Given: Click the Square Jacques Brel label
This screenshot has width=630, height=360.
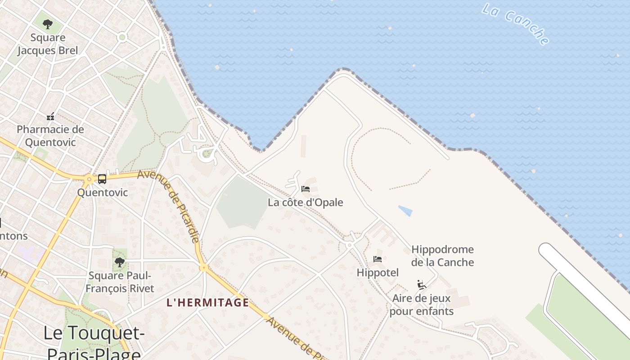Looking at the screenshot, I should point(48,44).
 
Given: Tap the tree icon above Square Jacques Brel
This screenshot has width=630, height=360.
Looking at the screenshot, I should point(48,24).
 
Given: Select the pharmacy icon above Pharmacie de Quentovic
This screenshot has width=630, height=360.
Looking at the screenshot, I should point(50,117).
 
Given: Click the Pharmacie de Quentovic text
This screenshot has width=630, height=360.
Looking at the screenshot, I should point(50,136).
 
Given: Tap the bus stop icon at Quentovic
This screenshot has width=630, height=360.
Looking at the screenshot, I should point(102,179).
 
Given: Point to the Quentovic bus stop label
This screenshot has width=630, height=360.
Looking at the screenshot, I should point(102,193).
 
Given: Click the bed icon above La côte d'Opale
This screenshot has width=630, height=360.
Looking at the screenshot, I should point(306,189).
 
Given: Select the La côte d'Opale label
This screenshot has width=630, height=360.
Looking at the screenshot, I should point(306,202).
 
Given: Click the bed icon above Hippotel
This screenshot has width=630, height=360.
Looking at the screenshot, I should point(378,259).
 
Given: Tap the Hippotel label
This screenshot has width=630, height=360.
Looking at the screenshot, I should point(378,273).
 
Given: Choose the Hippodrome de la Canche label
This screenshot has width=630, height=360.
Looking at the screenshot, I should point(442,256).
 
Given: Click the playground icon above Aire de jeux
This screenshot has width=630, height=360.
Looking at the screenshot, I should point(422,284).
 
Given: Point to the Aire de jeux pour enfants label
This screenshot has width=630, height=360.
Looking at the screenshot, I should point(422,305).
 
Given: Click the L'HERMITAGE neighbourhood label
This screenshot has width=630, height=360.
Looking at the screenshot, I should point(208,302).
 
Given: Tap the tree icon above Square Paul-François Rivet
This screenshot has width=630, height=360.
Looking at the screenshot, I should point(119,262).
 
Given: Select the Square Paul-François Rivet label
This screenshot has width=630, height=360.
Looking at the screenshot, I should point(120,282).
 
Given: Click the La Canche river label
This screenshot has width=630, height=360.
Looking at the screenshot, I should point(515,23).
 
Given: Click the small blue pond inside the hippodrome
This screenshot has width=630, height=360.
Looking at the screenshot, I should point(405,211).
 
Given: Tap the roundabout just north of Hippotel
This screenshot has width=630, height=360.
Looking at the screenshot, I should point(349,245).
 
